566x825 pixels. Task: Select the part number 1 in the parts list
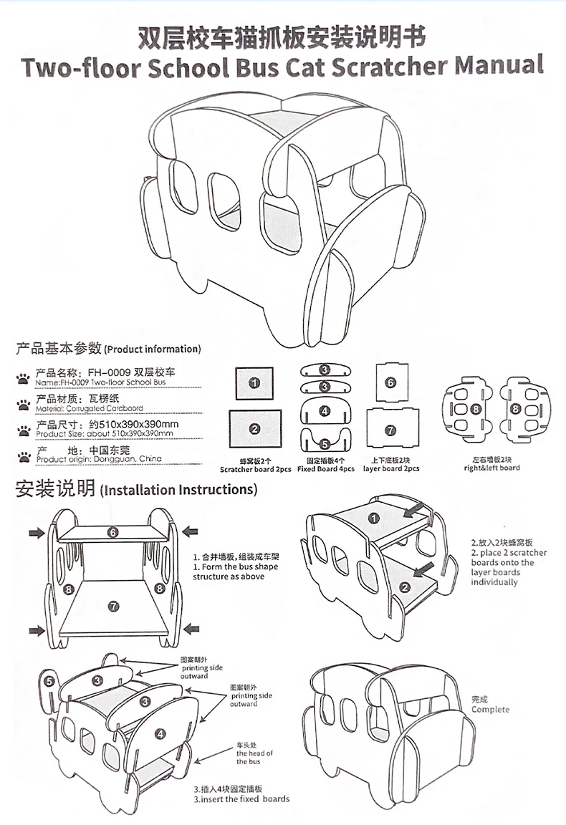click(254, 383)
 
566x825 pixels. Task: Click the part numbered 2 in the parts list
click(254, 428)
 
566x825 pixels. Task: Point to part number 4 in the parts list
click(325, 411)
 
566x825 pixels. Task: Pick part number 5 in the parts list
click(325, 444)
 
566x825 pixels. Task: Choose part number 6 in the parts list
click(390, 382)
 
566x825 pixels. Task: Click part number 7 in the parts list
click(390, 430)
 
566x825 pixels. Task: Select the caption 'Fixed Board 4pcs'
click(326, 468)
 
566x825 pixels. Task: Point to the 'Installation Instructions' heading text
click(178, 490)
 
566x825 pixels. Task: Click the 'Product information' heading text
click(153, 349)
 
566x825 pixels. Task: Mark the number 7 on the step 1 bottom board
click(113, 606)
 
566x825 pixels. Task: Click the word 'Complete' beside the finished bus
click(491, 710)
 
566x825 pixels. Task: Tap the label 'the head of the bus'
click(255, 757)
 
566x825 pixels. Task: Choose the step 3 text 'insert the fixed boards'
click(245, 799)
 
